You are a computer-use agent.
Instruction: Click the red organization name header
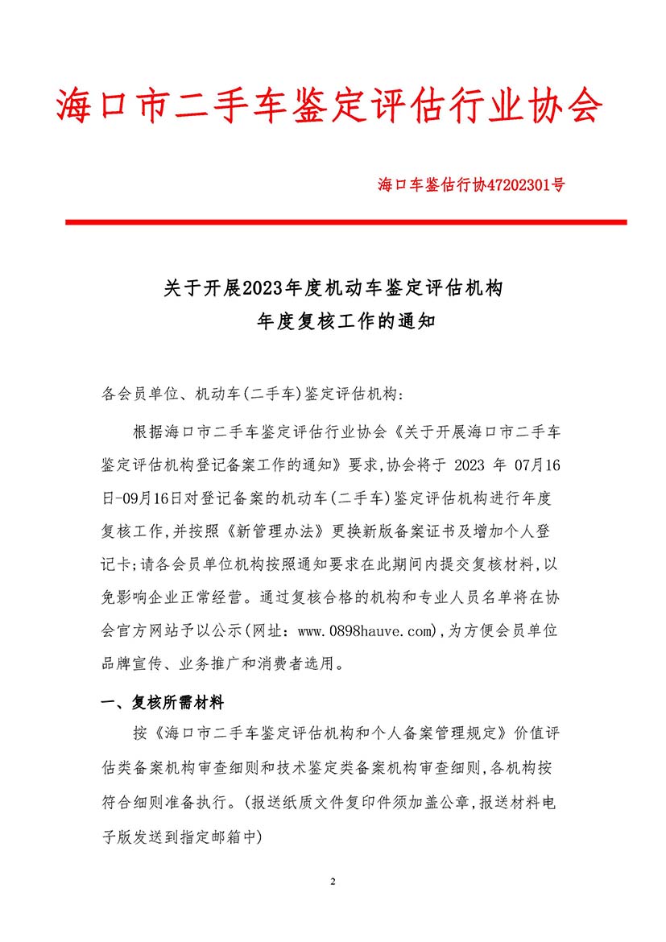(330, 105)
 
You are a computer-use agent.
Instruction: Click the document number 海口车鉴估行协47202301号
(471, 184)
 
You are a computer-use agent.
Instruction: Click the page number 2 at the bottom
(333, 881)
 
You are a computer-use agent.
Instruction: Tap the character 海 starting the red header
(73, 105)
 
